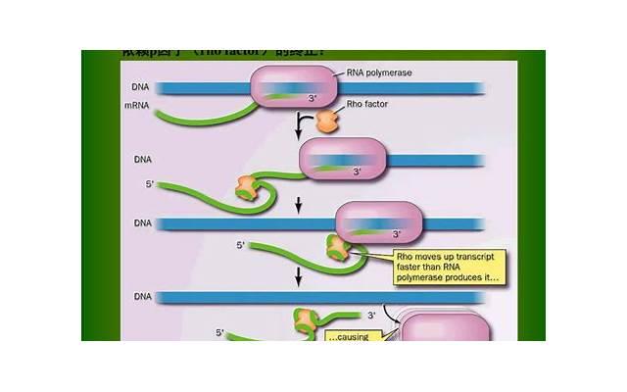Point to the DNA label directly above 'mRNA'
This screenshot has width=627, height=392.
coord(136,87)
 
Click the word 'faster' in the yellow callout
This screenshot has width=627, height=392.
coord(410,267)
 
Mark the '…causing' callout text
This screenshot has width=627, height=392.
coord(351,335)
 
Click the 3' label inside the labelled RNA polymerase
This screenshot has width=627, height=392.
coord(313,99)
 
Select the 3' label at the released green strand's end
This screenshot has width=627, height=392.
coord(371,316)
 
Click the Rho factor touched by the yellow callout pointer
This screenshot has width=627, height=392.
coord(339,249)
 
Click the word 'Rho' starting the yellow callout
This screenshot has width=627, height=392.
coord(406,256)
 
